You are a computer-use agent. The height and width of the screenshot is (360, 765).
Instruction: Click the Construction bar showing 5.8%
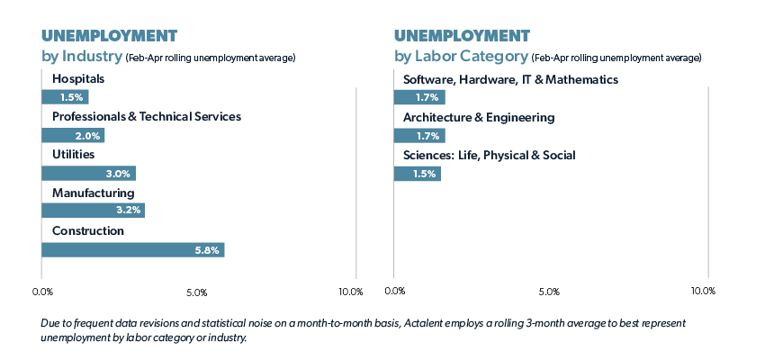(x=132, y=250)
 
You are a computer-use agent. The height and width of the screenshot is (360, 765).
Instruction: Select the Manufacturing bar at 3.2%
(x=93, y=211)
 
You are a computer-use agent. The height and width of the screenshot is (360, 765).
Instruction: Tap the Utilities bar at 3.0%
(x=88, y=173)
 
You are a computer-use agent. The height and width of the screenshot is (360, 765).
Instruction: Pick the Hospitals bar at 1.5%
(x=65, y=97)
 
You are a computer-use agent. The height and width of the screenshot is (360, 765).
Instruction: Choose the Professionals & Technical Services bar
(x=73, y=135)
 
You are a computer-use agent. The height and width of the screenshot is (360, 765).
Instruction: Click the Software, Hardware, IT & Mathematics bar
(x=419, y=97)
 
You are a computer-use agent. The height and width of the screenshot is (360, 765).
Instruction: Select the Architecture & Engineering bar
(x=419, y=135)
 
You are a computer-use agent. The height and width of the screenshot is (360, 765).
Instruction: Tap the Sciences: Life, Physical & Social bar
(x=417, y=173)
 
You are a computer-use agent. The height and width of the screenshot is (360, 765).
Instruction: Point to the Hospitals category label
(x=78, y=79)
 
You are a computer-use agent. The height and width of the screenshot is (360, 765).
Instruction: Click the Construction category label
(x=88, y=231)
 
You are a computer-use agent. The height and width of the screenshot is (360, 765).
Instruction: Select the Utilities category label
(x=73, y=155)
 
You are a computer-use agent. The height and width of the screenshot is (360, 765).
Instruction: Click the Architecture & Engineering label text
(x=479, y=117)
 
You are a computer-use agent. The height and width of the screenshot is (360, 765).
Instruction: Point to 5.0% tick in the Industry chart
(x=197, y=292)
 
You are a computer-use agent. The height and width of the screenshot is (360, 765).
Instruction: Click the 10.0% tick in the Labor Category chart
(x=703, y=292)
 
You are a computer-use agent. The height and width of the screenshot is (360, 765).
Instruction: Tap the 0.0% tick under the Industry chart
(x=42, y=292)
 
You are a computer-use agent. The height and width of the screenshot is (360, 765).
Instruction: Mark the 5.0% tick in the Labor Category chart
(x=549, y=292)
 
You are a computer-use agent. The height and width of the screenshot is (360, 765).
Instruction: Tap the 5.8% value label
(x=207, y=250)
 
